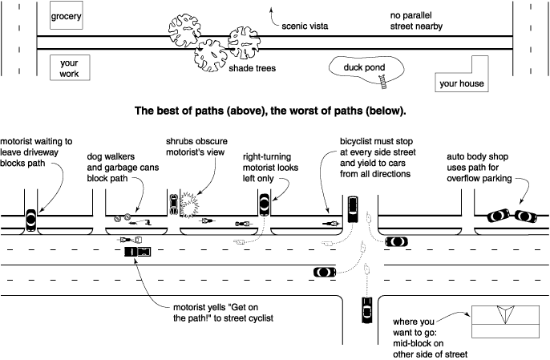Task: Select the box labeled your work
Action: coord(70,68)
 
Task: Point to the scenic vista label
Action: coord(305,26)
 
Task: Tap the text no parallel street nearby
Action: coord(418,21)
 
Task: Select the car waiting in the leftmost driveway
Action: coord(32,218)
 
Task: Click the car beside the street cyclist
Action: coord(137,253)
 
